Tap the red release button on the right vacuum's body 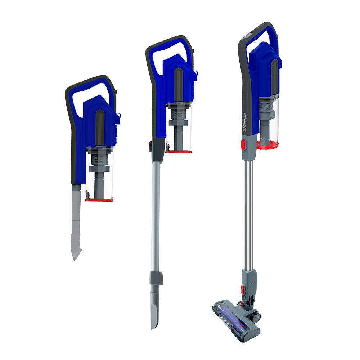[x=243, y=144]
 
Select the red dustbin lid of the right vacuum [x=268, y=145]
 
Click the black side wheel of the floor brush [x=256, y=317]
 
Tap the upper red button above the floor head [x=243, y=289]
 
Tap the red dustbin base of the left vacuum [x=99, y=199]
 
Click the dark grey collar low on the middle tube [x=156, y=278]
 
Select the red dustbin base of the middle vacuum [x=178, y=152]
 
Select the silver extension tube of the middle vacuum [x=156, y=216]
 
